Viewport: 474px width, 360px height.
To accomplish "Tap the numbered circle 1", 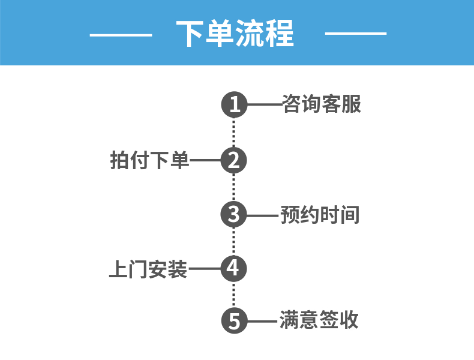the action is [234, 105].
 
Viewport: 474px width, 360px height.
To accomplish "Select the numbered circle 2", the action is [234, 160].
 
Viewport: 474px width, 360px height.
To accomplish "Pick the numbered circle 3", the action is [234, 214].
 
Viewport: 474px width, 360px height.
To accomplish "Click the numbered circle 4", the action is [234, 268].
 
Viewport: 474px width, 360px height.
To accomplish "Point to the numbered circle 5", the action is [234, 321].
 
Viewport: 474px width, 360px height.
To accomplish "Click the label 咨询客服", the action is [322, 104].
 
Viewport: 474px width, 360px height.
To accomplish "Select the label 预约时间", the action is [320, 214].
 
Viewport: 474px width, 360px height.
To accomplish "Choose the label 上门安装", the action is [148, 268].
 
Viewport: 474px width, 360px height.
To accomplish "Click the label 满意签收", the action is [319, 320].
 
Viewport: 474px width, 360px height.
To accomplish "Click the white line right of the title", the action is [355, 34].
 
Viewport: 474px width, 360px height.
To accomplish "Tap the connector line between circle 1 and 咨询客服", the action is [264, 105].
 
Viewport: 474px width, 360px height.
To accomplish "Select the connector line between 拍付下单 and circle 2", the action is [205, 160].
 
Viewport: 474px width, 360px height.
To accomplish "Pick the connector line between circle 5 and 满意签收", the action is [262, 321].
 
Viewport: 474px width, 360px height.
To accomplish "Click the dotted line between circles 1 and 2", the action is [234, 133].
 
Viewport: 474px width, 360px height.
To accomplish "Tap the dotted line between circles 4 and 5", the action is [234, 295].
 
